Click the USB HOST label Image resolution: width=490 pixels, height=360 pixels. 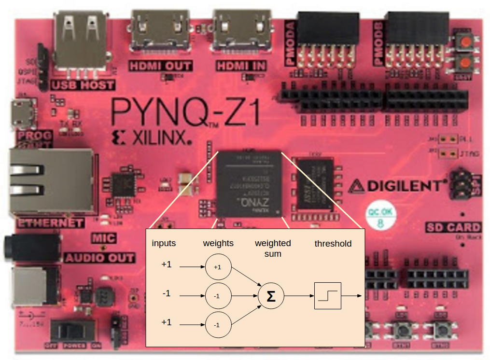(x=84, y=85)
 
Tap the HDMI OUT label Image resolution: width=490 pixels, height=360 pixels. (x=160, y=66)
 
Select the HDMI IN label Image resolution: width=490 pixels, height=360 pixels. (x=240, y=66)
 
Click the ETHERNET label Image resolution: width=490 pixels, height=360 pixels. (x=50, y=223)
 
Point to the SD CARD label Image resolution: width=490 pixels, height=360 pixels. (x=453, y=227)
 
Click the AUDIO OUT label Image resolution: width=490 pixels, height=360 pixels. (x=99, y=258)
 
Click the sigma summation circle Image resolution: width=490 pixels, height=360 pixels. (x=271, y=296)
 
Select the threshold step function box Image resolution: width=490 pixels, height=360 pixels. (x=328, y=296)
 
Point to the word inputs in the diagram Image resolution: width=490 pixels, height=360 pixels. (x=164, y=243)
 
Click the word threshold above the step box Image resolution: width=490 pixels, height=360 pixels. (x=333, y=244)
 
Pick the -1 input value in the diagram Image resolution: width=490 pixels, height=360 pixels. (x=166, y=293)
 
